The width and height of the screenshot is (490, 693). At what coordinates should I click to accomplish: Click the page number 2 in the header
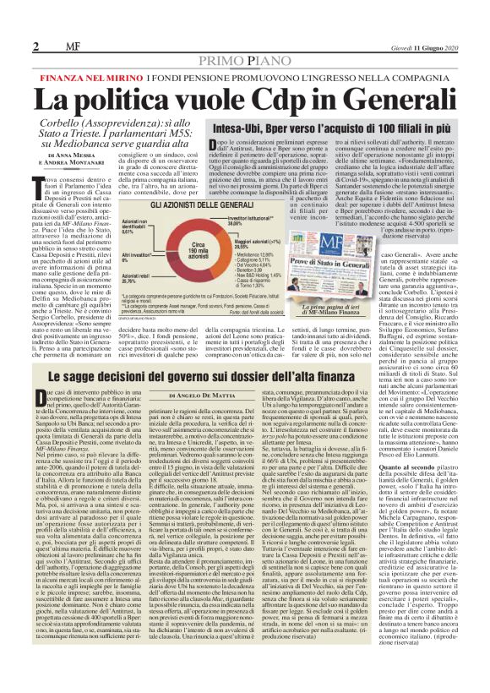point(37,46)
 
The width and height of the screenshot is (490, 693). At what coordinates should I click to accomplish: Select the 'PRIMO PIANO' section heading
point(244,64)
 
